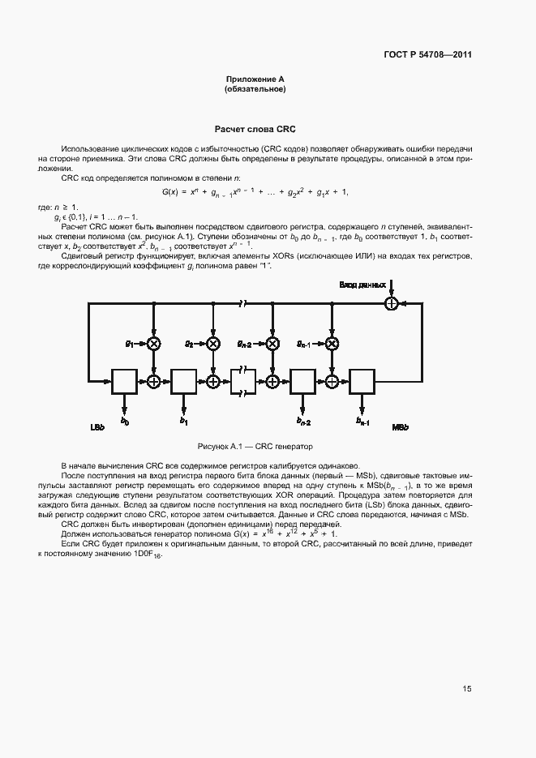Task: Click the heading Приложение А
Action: (255, 79)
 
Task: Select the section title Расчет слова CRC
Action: (255, 129)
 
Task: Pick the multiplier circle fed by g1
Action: (153, 344)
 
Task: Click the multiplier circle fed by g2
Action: (212, 344)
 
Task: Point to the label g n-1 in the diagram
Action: (304, 344)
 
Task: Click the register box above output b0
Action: (125, 379)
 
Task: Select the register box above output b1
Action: (184, 379)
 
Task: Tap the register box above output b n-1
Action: (362, 379)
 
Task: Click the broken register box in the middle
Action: (243, 379)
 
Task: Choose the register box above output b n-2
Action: (302, 379)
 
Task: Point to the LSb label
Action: (97, 427)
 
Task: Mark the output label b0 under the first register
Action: (125, 422)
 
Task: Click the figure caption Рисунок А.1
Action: (255, 447)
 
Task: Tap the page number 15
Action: (467, 689)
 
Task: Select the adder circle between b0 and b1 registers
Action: (153, 379)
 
